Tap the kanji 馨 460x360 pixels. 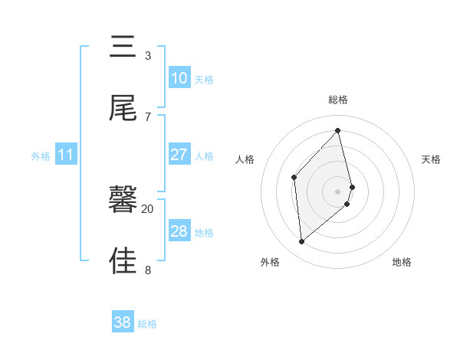(x=123, y=201)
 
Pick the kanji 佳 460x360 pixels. (x=123, y=260)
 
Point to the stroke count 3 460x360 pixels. (x=148, y=55)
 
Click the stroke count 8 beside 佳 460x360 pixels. (x=148, y=270)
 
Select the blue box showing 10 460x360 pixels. (x=179, y=78)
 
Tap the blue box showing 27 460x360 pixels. (x=179, y=155)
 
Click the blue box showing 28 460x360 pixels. (x=179, y=231)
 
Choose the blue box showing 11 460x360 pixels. (x=66, y=155)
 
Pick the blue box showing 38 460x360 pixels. (x=123, y=322)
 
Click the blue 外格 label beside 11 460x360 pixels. (x=41, y=156)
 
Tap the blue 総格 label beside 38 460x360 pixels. (x=147, y=324)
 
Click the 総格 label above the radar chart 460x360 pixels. (x=338, y=100)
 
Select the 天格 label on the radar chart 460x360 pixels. (x=432, y=159)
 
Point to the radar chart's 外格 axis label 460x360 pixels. (x=270, y=262)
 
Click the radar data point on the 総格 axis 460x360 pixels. (x=338, y=131)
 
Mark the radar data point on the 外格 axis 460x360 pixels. (x=302, y=242)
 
